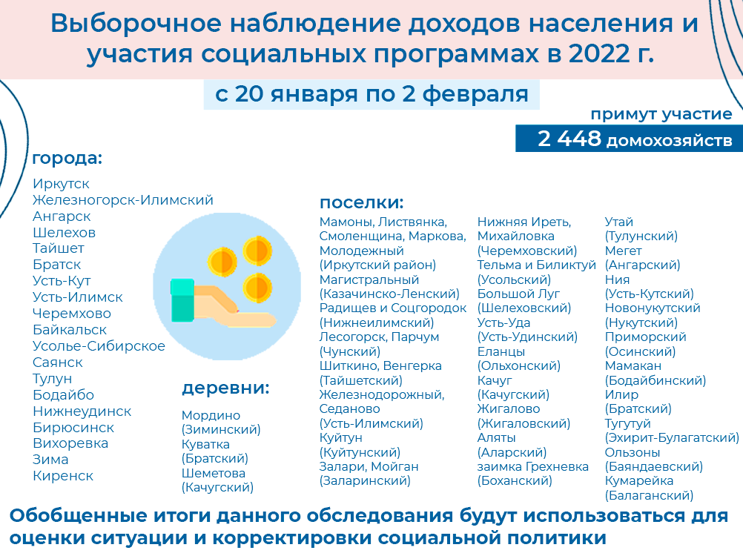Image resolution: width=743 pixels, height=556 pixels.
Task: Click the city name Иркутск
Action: click(61, 184)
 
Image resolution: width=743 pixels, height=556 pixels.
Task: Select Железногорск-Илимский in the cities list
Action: click(123, 200)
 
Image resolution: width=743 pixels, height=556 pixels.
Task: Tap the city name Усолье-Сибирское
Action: click(99, 346)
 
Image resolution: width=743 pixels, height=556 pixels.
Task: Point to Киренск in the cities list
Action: click(63, 476)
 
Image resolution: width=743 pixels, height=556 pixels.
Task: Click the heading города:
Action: click(67, 159)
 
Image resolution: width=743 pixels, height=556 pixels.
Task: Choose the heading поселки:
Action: click(362, 202)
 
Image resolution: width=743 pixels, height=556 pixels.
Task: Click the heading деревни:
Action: click(225, 388)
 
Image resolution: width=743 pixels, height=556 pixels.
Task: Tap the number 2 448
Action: click(569, 139)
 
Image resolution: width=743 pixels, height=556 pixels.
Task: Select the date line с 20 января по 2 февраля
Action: click(371, 93)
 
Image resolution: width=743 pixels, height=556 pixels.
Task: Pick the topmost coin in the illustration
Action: click(257, 250)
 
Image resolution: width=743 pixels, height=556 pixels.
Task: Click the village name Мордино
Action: click(211, 415)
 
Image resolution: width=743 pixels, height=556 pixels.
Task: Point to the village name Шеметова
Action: click(214, 473)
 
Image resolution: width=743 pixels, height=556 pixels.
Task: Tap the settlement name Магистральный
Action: click(369, 279)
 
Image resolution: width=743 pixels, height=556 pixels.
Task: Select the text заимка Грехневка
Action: click(533, 466)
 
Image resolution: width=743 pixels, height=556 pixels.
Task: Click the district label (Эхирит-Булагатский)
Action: click(672, 437)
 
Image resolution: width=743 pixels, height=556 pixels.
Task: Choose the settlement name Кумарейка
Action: click(639, 480)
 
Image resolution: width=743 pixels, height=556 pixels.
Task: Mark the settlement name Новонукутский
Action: click(653, 308)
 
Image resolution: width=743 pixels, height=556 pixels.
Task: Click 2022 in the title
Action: click(599, 53)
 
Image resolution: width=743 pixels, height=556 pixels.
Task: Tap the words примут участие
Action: click(661, 114)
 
